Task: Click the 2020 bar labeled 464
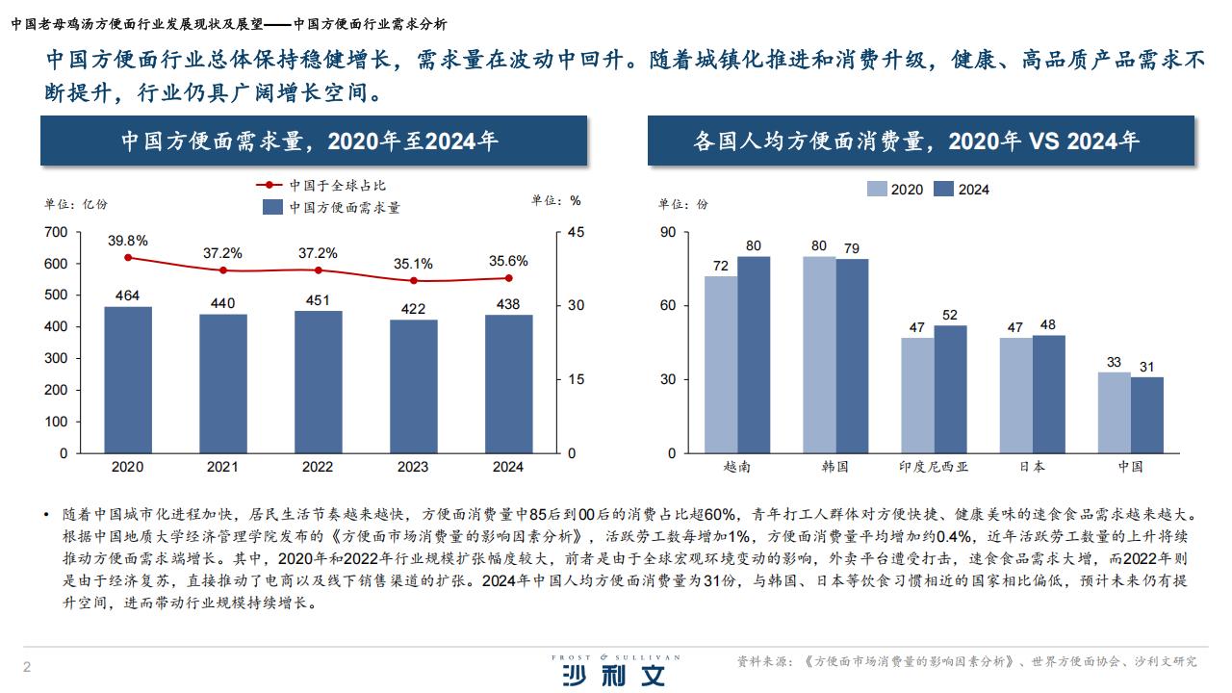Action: pyautogui.click(x=128, y=379)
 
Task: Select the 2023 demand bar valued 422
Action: pyautogui.click(x=413, y=386)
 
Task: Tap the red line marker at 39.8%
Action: pyautogui.click(x=128, y=257)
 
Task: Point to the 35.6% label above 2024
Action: pyautogui.click(x=508, y=261)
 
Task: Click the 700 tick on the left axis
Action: pyautogui.click(x=56, y=232)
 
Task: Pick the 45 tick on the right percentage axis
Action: pyautogui.click(x=576, y=232)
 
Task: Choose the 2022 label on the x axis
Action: pyautogui.click(x=318, y=467)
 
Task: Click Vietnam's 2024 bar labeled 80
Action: pyautogui.click(x=754, y=354)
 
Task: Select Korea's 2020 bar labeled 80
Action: pyautogui.click(x=819, y=354)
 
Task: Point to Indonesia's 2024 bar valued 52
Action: pyautogui.click(x=950, y=389)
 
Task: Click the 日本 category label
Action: pyautogui.click(x=1032, y=467)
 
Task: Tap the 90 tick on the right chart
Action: pyautogui.click(x=668, y=232)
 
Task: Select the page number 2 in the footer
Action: pyautogui.click(x=27, y=668)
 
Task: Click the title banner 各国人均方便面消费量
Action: pyautogui.click(x=920, y=141)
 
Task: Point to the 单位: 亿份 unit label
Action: pyautogui.click(x=76, y=204)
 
